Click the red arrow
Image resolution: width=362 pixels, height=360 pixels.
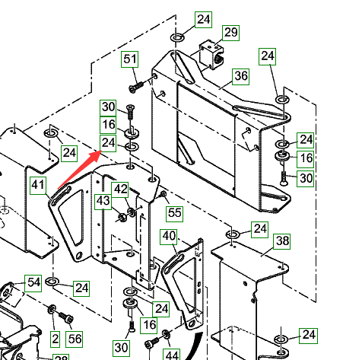[x=80, y=170]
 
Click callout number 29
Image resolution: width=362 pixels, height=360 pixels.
[x=231, y=33]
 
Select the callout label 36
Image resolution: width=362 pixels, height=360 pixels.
[x=241, y=76]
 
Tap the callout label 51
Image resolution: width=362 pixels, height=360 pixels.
[x=129, y=59]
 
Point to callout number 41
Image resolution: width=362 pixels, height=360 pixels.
[x=38, y=186]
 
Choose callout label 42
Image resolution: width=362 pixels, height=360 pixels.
[x=120, y=190]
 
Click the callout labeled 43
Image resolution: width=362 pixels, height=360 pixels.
[x=103, y=202]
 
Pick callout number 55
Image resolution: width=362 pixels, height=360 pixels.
[x=175, y=213]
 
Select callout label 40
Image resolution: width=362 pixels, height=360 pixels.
[x=169, y=237]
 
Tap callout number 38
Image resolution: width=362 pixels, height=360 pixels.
[x=282, y=241]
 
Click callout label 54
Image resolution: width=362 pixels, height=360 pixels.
[x=33, y=283]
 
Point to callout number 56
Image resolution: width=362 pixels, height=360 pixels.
[x=74, y=339]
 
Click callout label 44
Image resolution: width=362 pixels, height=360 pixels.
[x=171, y=355]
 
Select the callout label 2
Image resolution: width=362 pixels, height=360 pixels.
[x=56, y=339]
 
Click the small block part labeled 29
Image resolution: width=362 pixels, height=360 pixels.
[x=212, y=55]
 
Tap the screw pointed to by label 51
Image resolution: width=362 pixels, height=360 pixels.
[x=136, y=86]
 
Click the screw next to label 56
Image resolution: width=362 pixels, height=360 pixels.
[x=66, y=318]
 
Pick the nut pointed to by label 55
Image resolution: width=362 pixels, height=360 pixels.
[x=164, y=195]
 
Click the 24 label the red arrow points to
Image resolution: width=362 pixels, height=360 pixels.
[x=108, y=143]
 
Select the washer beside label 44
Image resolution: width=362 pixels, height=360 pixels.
[x=166, y=334]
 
